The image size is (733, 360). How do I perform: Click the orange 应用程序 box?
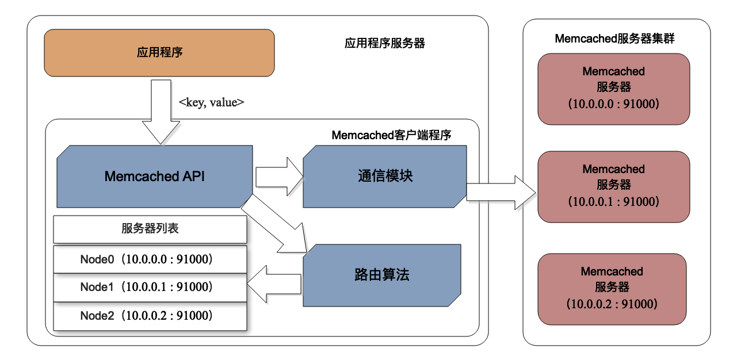(x=159, y=53)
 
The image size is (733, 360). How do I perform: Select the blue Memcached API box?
(x=155, y=176)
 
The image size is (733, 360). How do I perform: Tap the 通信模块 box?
(x=385, y=176)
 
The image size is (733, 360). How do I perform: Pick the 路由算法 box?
(x=382, y=275)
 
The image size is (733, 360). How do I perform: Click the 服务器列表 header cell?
(x=150, y=229)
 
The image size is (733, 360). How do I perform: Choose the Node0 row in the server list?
(x=150, y=259)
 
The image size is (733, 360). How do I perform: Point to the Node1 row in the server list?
(x=150, y=287)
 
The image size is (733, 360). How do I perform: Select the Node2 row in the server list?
(x=150, y=315)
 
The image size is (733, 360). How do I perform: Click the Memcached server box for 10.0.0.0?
(x=613, y=89)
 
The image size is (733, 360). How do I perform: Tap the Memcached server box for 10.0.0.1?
(x=613, y=186)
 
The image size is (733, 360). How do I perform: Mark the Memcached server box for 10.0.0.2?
(x=612, y=288)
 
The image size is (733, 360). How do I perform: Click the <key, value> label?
(x=212, y=102)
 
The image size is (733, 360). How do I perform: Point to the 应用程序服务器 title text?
(x=384, y=43)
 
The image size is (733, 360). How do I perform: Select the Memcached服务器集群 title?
(x=614, y=39)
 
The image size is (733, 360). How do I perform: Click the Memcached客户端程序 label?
(x=391, y=136)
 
